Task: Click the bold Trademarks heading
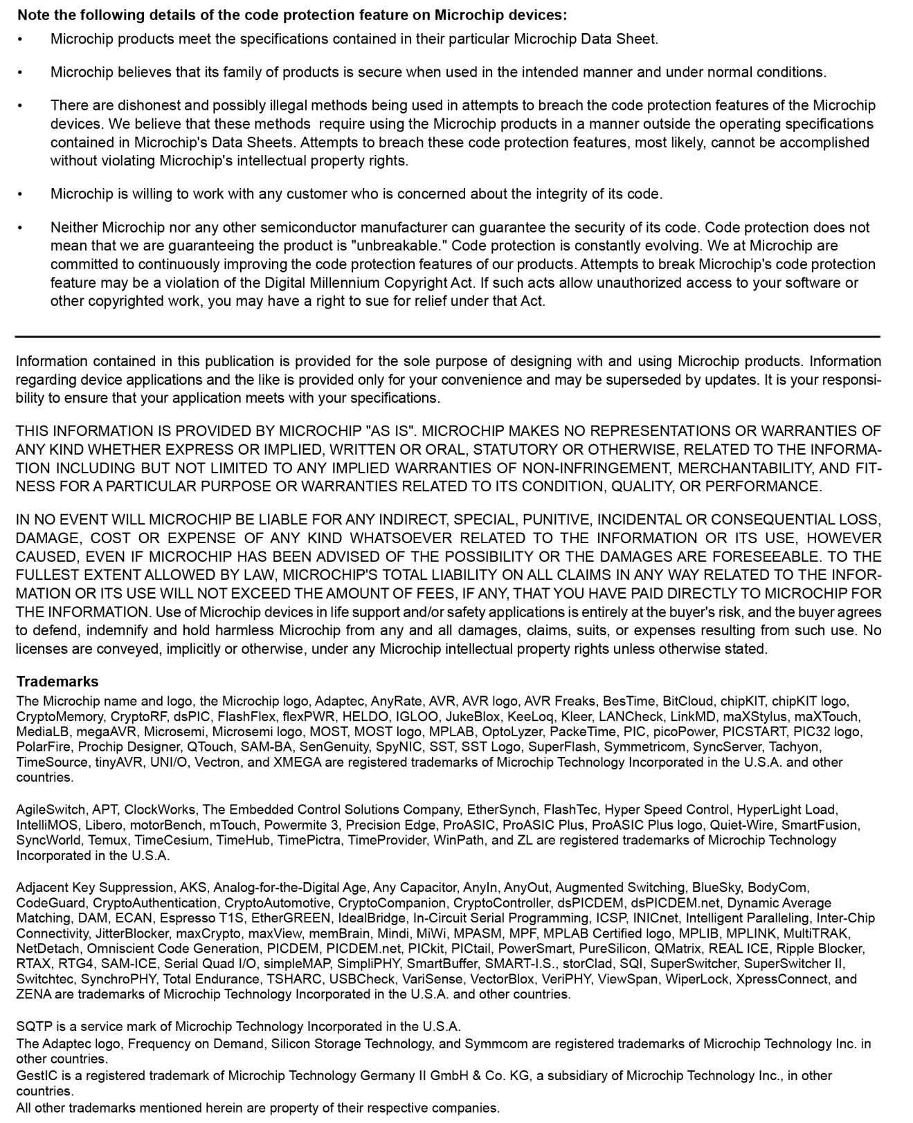point(57,682)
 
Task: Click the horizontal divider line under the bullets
point(447,337)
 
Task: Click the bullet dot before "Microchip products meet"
point(20,39)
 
